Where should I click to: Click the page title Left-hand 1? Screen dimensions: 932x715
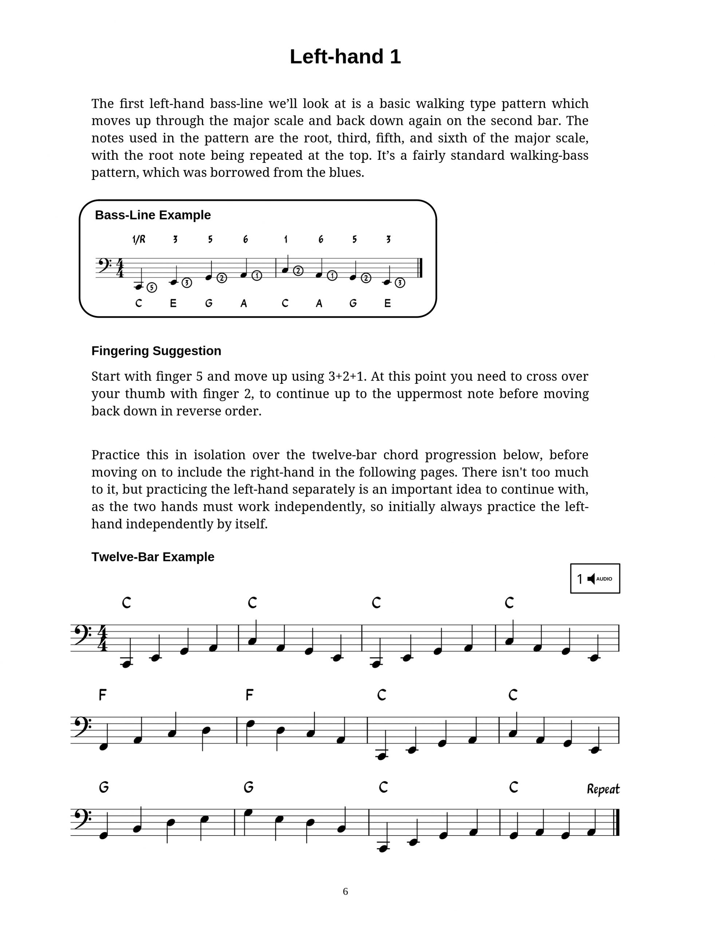click(345, 56)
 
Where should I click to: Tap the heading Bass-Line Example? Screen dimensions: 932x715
click(153, 215)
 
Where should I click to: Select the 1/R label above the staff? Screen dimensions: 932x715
click(139, 240)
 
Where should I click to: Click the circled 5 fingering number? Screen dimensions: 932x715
click(152, 288)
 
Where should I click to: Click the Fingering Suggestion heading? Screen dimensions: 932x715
click(156, 351)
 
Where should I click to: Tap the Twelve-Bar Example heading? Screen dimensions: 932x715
click(153, 557)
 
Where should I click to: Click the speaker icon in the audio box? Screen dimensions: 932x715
click(591, 579)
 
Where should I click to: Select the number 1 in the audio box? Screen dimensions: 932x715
click(579, 579)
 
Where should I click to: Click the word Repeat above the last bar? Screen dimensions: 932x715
click(603, 789)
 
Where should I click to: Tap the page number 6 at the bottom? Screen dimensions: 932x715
click(345, 891)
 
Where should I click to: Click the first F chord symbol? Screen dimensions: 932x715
click(103, 695)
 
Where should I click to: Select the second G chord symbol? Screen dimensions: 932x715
click(249, 787)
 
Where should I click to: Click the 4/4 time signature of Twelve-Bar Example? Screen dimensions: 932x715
click(103, 638)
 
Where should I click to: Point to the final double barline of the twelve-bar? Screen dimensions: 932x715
click(617, 822)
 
